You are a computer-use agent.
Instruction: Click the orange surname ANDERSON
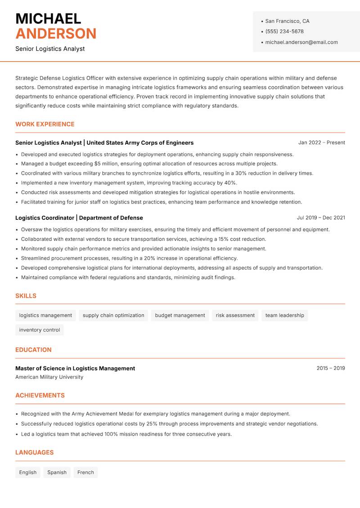click(56, 34)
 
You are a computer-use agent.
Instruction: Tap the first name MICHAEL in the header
click(48, 18)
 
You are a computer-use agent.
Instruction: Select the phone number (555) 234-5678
click(284, 31)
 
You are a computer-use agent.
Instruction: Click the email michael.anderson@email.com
click(301, 42)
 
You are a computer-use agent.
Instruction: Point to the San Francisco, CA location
click(287, 21)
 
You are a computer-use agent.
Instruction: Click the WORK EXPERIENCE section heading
click(45, 124)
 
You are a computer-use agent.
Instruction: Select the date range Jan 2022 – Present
click(321, 143)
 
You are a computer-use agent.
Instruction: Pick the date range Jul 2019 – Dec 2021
click(321, 218)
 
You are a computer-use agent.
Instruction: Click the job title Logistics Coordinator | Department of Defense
click(79, 218)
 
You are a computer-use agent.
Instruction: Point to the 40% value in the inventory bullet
click(230, 183)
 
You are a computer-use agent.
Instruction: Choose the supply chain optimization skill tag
click(113, 316)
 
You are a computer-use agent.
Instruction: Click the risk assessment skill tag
click(235, 316)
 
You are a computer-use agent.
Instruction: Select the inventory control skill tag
click(40, 330)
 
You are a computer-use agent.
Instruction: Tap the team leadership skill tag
click(284, 316)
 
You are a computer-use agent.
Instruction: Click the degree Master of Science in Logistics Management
click(75, 368)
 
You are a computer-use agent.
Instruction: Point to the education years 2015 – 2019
click(330, 368)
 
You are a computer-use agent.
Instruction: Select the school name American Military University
click(49, 377)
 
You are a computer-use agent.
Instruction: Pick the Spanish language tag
click(57, 472)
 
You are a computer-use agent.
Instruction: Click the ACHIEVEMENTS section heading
click(40, 396)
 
